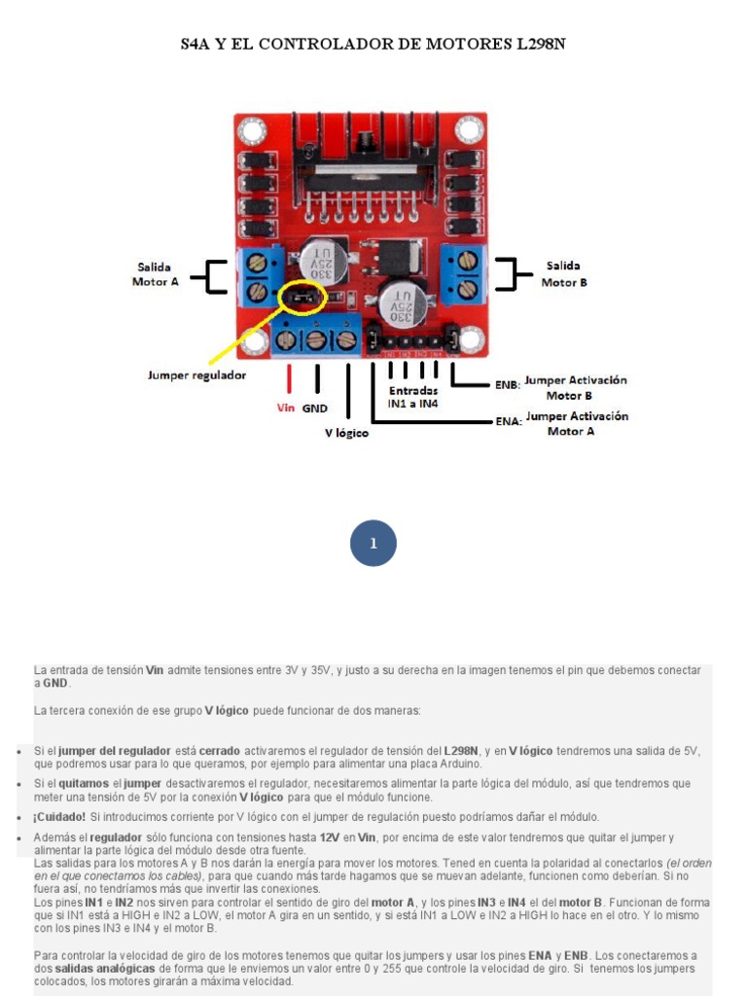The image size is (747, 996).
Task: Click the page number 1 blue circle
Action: pos(373,544)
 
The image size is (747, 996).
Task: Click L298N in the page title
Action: pos(540,45)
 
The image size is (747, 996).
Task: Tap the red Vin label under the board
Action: pos(285,408)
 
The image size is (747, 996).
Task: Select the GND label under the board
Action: pos(314,409)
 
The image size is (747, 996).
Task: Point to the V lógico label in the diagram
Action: pos(346,433)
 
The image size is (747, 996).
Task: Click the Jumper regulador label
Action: pos(196,374)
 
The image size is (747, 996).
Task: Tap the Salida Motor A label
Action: pos(156,273)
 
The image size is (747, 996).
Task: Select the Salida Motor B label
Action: pos(563,273)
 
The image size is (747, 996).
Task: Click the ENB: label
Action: pos(508,385)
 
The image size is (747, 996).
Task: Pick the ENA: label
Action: pos(508,422)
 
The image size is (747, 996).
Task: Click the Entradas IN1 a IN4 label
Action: pos(413,397)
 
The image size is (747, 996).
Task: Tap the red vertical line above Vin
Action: pos(289,377)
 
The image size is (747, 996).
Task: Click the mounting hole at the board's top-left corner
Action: pos(252,129)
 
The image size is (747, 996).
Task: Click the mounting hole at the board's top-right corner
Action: pos(470,129)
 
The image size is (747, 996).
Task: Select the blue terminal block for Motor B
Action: pos(461,273)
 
